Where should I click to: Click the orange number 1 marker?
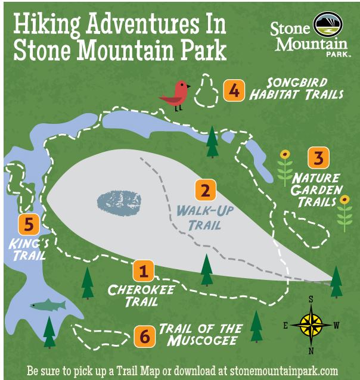coord(142,271)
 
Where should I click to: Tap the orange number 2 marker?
coord(204,191)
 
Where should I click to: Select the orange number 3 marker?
coord(318,158)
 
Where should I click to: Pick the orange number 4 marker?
coord(234,91)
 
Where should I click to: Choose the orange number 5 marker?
coord(29,225)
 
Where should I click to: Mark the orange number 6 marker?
coord(142,335)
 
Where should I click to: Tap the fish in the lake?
coord(48,304)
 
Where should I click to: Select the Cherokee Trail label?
coord(132,295)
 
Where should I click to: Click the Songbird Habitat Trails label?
coord(296,89)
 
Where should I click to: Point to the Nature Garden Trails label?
coord(316,190)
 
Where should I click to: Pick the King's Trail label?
coord(27,250)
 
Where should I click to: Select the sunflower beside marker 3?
coord(285,167)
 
